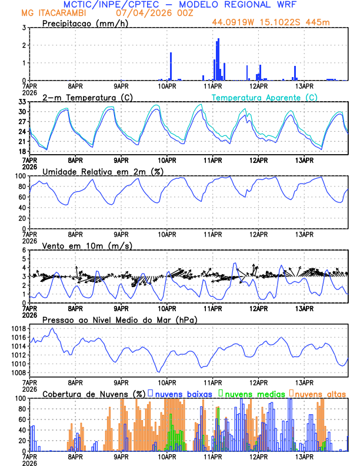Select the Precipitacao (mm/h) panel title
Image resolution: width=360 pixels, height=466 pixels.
click(85, 23)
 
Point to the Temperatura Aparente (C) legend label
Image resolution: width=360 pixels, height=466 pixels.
click(265, 97)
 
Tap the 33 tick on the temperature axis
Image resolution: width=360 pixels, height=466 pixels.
click(22, 102)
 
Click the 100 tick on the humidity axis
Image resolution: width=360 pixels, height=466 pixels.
click(19, 176)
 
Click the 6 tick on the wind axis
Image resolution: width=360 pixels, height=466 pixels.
click(24, 250)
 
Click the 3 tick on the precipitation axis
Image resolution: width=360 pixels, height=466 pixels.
click(24, 28)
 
